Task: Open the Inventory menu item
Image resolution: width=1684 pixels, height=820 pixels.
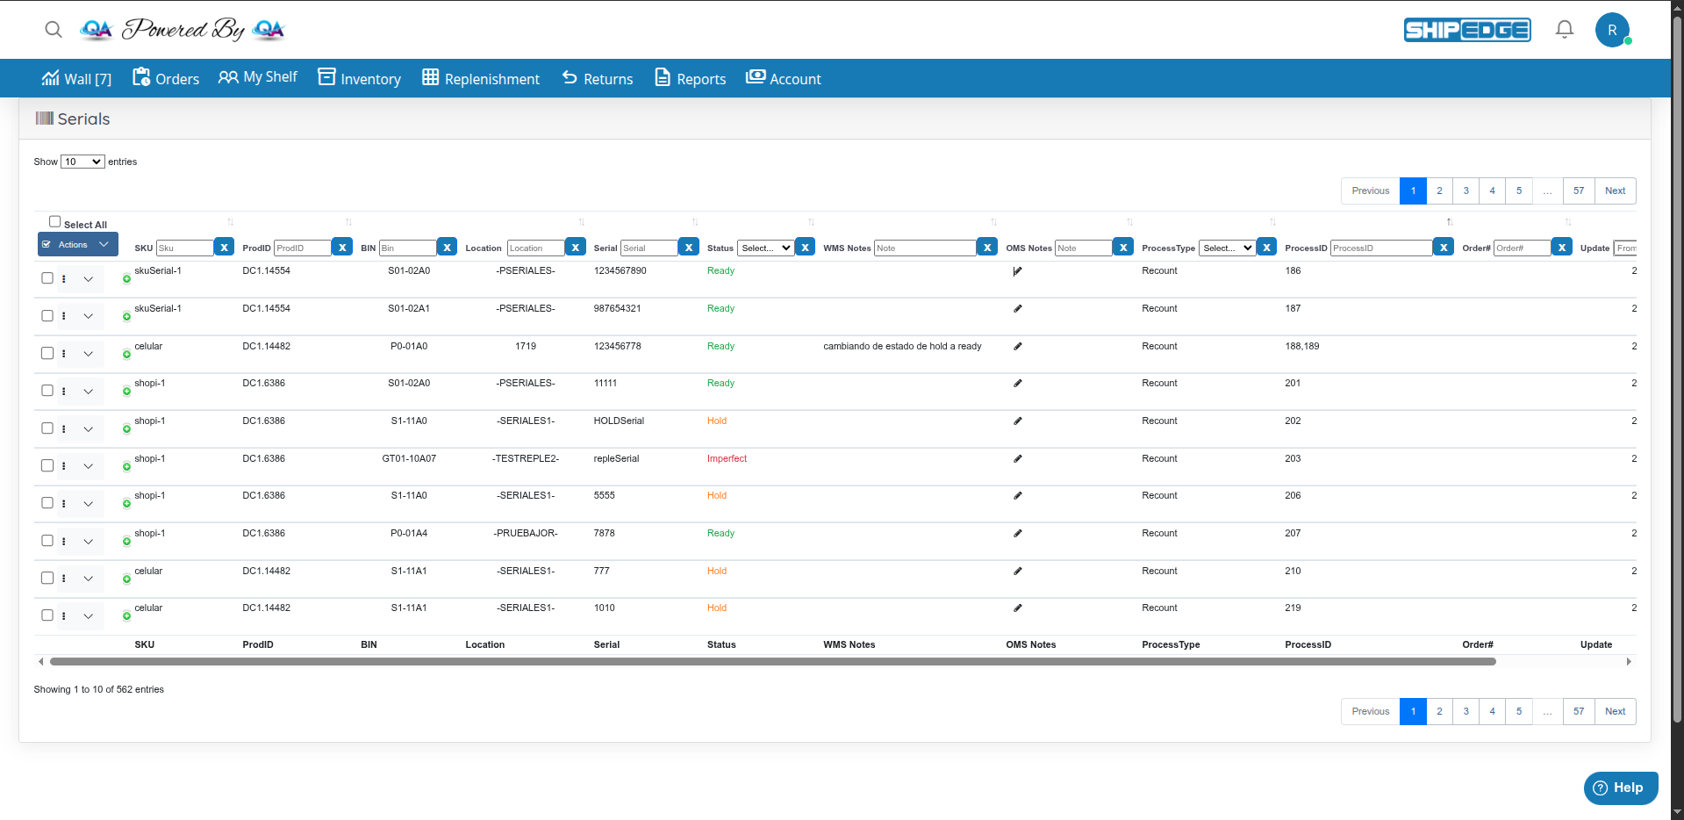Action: coord(359,78)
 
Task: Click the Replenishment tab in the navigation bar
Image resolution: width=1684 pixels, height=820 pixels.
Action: coord(481,78)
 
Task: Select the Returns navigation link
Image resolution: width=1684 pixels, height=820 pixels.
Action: coord(598,78)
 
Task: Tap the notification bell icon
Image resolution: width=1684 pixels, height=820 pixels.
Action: coord(1564,30)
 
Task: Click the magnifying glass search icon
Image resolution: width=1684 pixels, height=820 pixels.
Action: coord(54,30)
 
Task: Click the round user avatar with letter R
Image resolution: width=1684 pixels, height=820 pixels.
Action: coord(1612,30)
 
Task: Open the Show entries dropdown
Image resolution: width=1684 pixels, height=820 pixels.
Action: coord(82,162)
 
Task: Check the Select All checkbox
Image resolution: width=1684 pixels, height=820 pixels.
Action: coord(55,222)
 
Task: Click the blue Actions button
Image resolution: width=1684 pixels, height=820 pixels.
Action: coord(77,245)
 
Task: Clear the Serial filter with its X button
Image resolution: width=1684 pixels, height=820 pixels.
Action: coord(689,248)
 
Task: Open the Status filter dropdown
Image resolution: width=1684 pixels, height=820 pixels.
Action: coord(766,248)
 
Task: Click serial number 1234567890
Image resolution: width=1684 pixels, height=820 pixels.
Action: coord(620,270)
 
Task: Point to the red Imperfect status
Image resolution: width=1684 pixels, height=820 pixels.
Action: coord(727,458)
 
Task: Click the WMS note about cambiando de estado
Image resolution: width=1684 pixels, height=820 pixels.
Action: coord(902,346)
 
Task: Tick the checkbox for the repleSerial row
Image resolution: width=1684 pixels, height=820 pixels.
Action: coord(47,465)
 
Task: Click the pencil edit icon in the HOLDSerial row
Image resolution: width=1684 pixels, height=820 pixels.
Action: coord(1018,421)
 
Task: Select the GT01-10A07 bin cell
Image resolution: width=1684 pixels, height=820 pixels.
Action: coord(409,458)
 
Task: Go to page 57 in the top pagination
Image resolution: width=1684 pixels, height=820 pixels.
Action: coord(1578,191)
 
